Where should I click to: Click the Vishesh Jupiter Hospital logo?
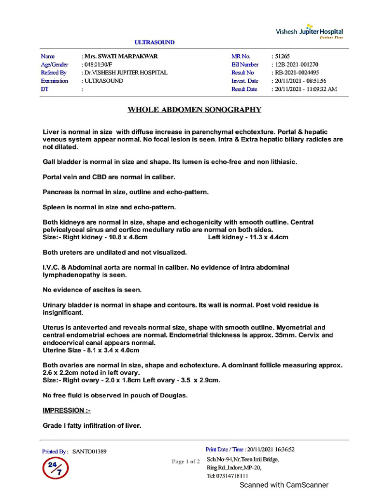click(x=309, y=32)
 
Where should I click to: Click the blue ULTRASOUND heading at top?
click(x=155, y=43)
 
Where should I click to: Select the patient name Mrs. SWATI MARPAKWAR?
click(x=121, y=56)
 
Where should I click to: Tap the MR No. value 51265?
click(x=282, y=56)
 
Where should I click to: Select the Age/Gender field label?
click(x=55, y=64)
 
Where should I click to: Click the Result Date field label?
click(x=244, y=89)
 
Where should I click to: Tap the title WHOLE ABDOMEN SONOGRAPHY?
click(x=194, y=110)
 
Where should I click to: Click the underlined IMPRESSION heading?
click(x=67, y=410)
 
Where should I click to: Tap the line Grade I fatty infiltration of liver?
click(x=92, y=425)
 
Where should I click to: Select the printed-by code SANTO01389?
click(x=90, y=451)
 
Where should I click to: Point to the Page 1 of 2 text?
click(x=185, y=461)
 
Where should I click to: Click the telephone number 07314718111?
click(x=234, y=476)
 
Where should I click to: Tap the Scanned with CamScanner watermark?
click(x=284, y=485)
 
